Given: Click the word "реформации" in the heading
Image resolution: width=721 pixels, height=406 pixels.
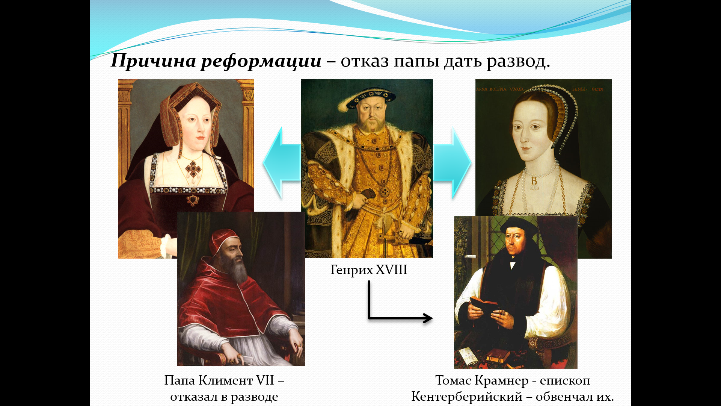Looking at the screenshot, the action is click(x=261, y=61).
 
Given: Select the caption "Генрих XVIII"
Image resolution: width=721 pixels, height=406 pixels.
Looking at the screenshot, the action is click(x=369, y=270).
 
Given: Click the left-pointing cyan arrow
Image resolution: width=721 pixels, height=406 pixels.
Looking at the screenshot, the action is click(x=282, y=163).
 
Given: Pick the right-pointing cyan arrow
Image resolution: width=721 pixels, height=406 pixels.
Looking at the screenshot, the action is click(x=453, y=163).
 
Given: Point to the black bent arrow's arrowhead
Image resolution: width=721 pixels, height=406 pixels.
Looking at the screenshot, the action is click(x=428, y=318).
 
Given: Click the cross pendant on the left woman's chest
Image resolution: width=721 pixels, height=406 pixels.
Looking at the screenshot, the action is click(x=193, y=170).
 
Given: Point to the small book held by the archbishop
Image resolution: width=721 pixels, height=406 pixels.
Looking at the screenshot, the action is click(x=484, y=305).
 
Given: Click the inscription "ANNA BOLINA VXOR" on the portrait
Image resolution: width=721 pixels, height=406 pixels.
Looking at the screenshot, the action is click(x=500, y=89).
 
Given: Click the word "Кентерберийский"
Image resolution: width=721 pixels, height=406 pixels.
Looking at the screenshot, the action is click(x=467, y=397).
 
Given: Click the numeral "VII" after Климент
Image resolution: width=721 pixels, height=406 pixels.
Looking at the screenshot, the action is click(x=265, y=380).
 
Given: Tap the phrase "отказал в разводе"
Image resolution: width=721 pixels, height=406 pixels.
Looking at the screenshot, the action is click(x=224, y=397).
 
